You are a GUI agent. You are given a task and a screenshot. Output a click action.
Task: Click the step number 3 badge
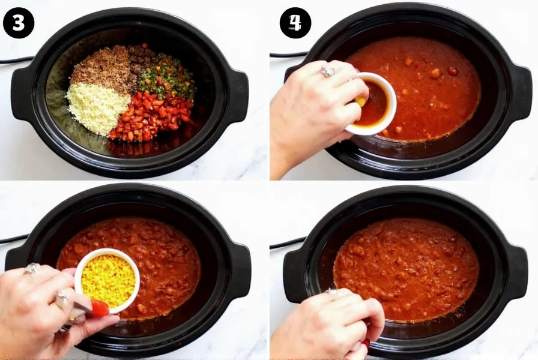click(19, 23)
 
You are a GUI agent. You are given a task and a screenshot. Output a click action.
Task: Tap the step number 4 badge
click(295, 23)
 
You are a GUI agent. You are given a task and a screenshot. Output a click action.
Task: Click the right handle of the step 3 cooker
click(238, 96)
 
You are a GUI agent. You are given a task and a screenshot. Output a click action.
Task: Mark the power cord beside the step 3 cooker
click(15, 60)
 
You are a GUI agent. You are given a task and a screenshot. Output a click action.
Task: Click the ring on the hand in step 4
click(327, 72)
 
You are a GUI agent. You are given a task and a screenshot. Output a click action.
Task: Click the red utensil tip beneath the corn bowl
click(98, 308)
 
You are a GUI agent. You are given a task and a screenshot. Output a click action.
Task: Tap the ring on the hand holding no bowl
click(331, 292)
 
